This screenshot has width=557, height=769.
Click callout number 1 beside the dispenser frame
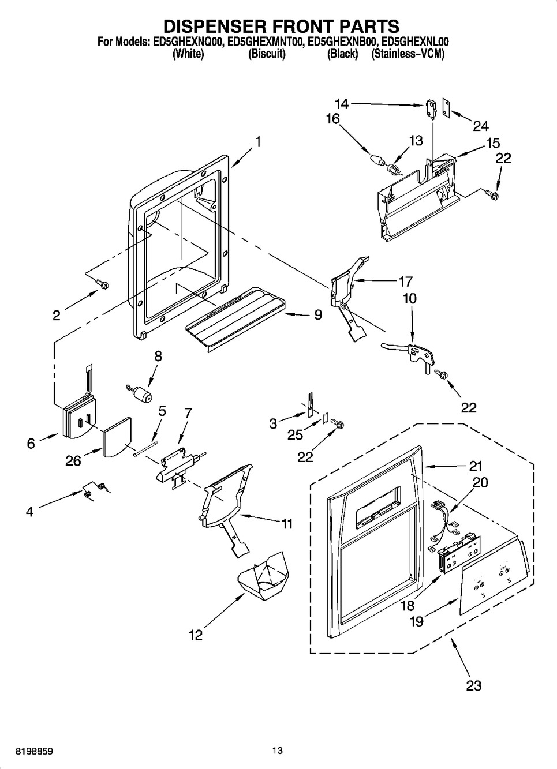[x=258, y=141]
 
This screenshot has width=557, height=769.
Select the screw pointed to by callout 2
[x=103, y=284]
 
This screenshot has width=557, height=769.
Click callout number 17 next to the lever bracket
[x=405, y=282]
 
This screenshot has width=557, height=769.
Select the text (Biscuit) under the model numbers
[x=267, y=55]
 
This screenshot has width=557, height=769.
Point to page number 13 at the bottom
[x=278, y=751]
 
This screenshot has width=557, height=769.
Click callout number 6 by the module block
[x=31, y=443]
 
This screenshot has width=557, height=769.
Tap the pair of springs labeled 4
[x=94, y=489]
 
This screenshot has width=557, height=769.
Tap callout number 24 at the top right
[x=480, y=126]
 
